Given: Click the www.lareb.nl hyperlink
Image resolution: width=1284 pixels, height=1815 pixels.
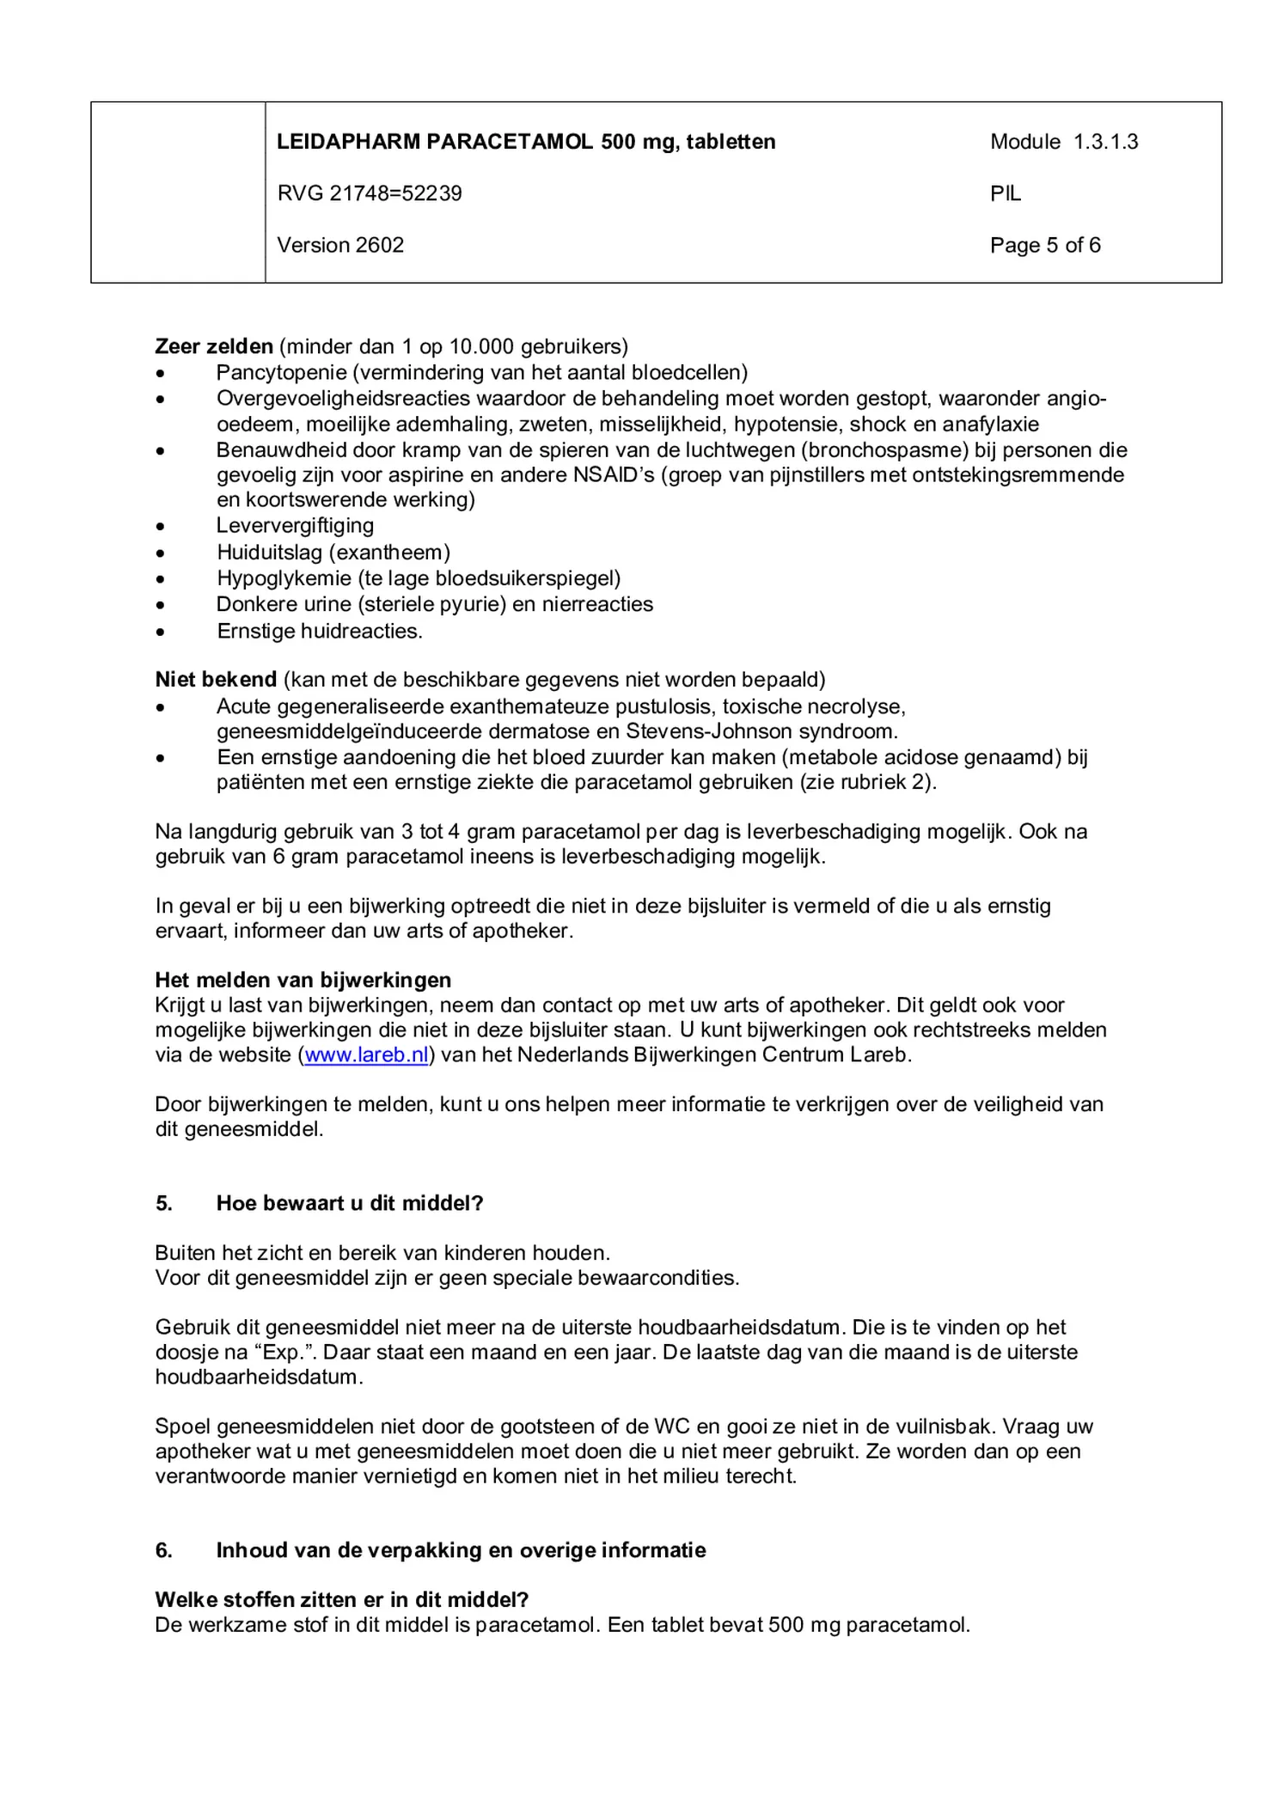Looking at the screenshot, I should coord(366,1055).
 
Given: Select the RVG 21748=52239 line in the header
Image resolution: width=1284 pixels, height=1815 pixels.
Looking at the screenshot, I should coord(369,193).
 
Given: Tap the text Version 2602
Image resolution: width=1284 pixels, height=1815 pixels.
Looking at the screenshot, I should coord(340,245).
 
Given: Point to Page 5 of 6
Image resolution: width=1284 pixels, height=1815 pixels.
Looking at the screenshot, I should coord(1044,245).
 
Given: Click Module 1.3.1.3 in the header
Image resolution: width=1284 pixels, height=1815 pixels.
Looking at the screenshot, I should coord(1063,142).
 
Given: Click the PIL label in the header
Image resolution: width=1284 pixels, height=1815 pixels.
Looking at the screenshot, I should coord(1005,193).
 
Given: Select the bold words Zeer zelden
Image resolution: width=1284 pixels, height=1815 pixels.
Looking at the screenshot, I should coord(213,346).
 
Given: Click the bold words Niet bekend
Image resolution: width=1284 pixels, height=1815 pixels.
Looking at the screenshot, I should coord(216,680).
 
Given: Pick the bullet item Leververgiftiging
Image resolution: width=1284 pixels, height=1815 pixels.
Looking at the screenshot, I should coord(295,525).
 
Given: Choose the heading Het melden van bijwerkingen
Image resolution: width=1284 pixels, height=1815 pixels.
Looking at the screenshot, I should coord(303,980).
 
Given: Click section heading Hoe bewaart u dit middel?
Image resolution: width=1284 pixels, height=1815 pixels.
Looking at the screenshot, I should coord(349,1203).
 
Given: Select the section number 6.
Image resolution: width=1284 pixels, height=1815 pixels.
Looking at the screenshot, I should coord(163,1550).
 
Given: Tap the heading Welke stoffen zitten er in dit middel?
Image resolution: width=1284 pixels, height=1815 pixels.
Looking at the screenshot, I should coord(341,1599).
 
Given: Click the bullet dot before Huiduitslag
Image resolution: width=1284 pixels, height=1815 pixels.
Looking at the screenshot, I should coord(160,553).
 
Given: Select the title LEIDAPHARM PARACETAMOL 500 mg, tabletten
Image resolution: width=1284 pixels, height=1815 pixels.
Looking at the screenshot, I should coord(526,142).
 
